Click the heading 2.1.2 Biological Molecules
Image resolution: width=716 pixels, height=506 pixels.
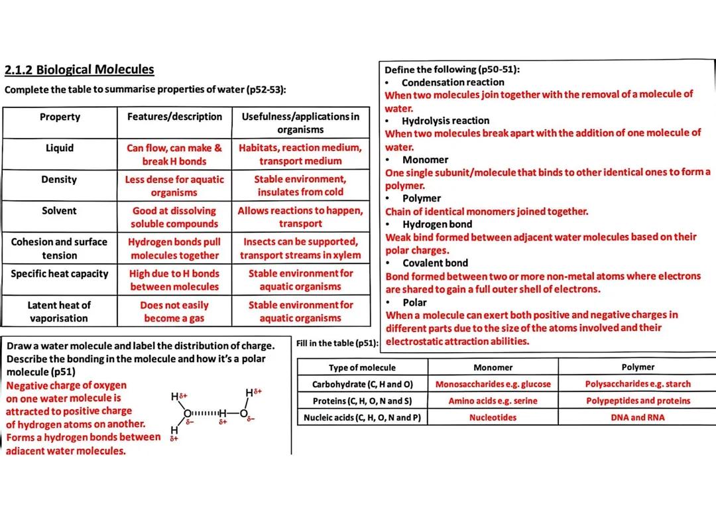[x=79, y=70]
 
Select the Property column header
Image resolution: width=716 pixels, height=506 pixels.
[x=60, y=117]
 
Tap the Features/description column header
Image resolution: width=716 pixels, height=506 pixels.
[x=174, y=117]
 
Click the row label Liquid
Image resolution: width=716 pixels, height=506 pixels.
[x=60, y=148]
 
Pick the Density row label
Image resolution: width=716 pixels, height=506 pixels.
[x=60, y=180]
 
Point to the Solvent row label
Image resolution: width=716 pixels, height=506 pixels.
[x=60, y=211]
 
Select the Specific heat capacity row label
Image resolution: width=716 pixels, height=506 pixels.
[x=60, y=273]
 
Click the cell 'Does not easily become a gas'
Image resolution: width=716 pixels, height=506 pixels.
[x=174, y=312]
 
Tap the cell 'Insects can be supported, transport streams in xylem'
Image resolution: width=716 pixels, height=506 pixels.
[x=300, y=249]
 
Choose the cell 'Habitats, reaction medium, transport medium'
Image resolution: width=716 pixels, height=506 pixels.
[x=300, y=155]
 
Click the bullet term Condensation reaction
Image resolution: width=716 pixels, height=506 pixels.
[x=452, y=82]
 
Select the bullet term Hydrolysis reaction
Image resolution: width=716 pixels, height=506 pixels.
[x=445, y=121]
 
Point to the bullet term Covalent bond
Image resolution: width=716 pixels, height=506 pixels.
[x=435, y=263]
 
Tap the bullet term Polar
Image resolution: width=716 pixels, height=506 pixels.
[x=414, y=302]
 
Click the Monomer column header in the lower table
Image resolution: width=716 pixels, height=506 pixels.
[x=493, y=367]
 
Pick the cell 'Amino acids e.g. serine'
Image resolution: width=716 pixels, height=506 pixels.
[x=493, y=401]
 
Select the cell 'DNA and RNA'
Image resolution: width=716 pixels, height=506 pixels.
[x=637, y=418]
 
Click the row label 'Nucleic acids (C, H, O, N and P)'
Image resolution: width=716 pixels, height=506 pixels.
[x=362, y=418]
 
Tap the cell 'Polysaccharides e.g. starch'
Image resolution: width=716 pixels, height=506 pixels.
[x=637, y=384]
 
